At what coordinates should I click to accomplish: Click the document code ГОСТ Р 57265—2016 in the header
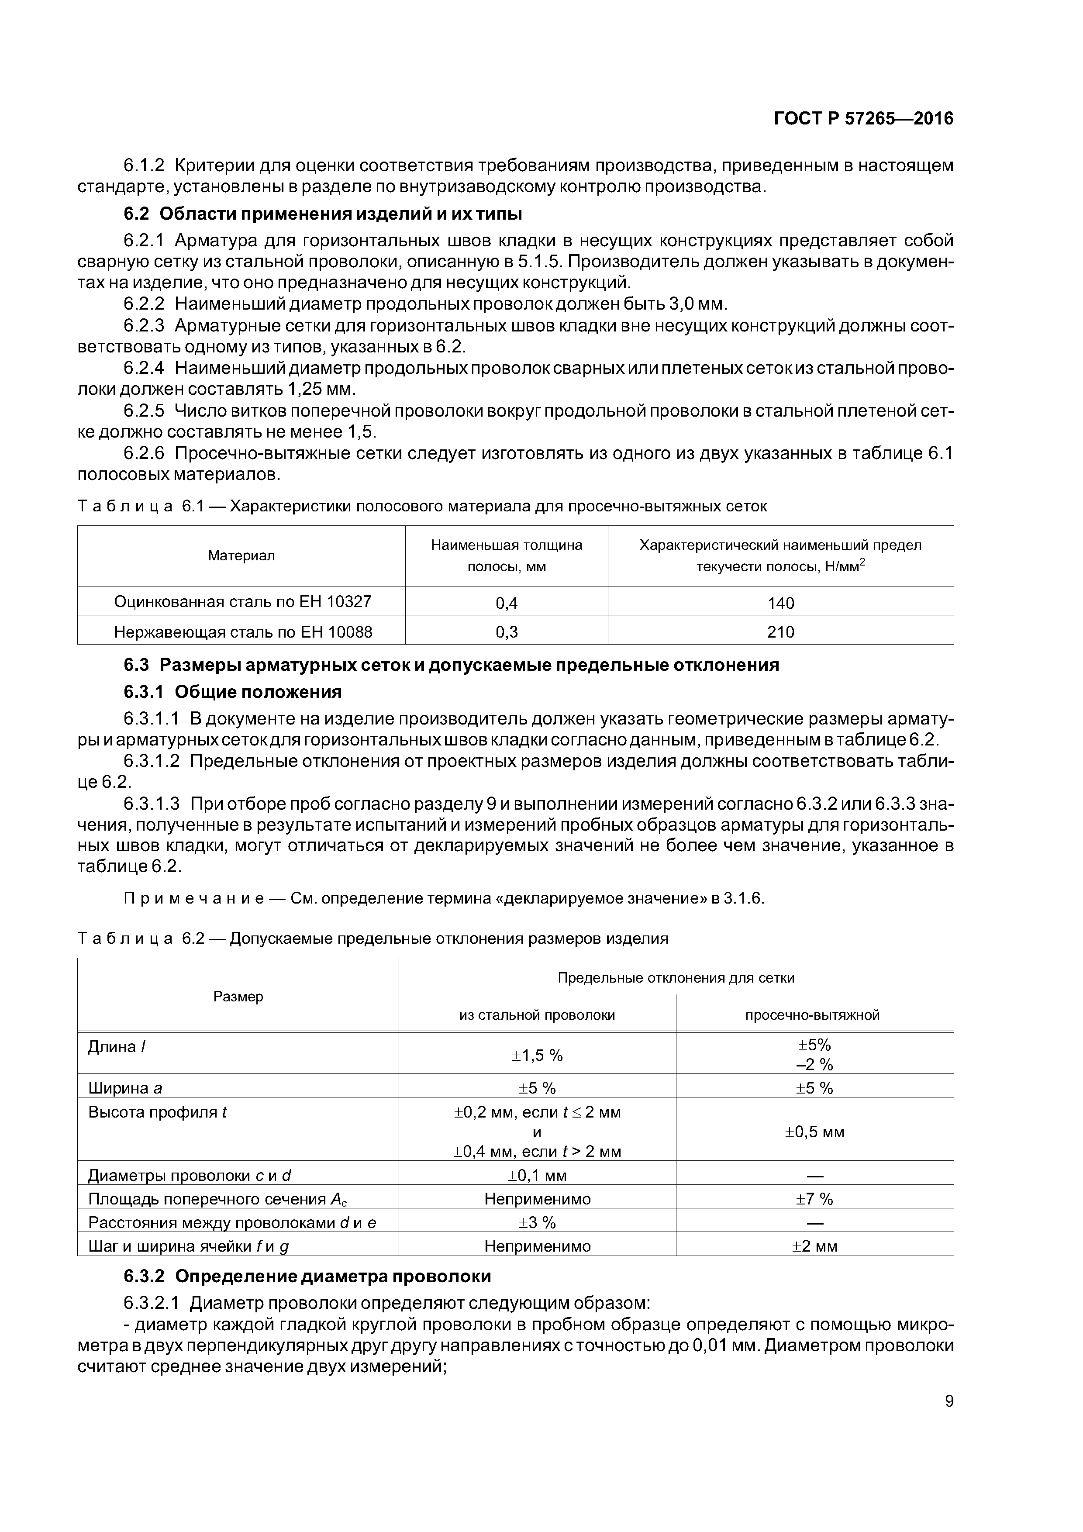coord(863,119)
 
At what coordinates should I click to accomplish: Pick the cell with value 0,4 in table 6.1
coord(507,603)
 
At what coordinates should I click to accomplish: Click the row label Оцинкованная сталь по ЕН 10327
coord(242,602)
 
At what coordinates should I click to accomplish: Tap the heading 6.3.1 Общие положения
coord(232,692)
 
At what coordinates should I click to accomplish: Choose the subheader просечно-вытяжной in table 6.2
coord(812,1015)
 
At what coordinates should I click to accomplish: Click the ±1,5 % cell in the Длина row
coord(537,1055)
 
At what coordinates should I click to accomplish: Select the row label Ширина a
coord(125,1088)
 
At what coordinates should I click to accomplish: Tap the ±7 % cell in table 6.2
coord(814,1199)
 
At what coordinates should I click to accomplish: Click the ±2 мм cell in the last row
coord(814,1246)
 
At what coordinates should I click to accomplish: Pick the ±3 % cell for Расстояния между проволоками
coord(537,1222)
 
